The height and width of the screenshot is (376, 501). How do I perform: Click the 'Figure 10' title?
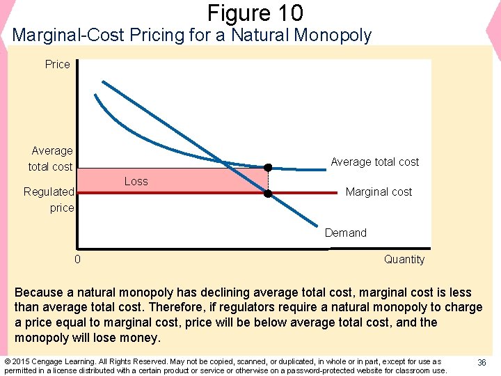[x=255, y=13]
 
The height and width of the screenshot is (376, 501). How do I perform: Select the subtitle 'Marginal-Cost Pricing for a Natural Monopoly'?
[x=192, y=35]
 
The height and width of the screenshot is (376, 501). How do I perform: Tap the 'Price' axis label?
[x=58, y=64]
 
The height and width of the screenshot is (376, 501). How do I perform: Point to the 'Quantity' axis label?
[x=404, y=259]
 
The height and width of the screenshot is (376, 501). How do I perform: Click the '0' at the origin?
[x=77, y=259]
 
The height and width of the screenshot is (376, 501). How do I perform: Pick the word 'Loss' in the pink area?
[x=136, y=181]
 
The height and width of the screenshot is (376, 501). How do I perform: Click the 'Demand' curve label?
[x=345, y=233]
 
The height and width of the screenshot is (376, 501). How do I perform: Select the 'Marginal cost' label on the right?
[x=379, y=191]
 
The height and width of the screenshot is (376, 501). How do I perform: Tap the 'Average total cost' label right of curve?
[x=374, y=162]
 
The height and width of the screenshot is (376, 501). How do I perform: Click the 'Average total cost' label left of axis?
[x=51, y=159]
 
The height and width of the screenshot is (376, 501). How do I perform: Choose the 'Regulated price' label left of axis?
[x=49, y=199]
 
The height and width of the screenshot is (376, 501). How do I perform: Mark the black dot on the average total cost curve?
[x=268, y=167]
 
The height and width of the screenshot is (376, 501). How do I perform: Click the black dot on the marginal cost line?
[x=268, y=194]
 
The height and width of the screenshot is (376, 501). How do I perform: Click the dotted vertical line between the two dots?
[x=268, y=180]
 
